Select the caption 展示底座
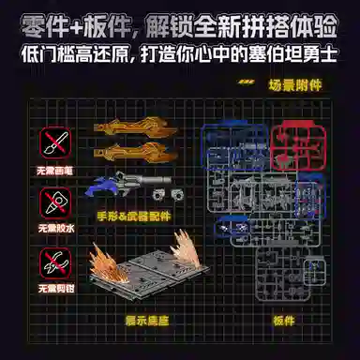tap(146, 319)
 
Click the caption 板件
tap(285, 319)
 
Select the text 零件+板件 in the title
tap(69, 20)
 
